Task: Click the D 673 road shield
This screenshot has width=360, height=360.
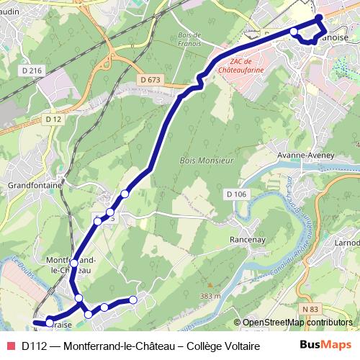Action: [x=150, y=79]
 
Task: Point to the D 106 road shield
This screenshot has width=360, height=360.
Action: [x=235, y=194]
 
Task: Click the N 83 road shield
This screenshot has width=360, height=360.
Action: [x=310, y=309]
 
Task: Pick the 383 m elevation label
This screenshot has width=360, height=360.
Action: [x=210, y=296]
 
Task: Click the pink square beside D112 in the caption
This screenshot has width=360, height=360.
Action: [x=10, y=346]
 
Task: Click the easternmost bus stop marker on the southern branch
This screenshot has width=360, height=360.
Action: [x=132, y=300]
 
